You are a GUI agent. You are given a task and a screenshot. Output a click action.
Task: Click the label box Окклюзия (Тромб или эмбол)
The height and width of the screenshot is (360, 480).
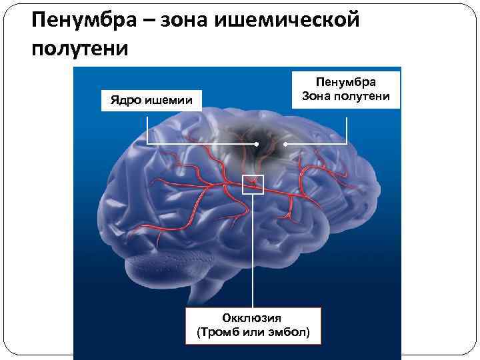coord(253,325)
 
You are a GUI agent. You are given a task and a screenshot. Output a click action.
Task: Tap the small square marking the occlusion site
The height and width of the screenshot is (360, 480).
coord(253,184)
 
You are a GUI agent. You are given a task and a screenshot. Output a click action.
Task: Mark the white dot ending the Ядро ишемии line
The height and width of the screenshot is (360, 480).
coord(257,144)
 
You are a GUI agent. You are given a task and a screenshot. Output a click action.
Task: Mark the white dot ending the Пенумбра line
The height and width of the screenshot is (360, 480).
coord(285,144)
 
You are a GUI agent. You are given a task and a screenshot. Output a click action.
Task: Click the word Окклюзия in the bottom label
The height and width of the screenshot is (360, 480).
coord(253,318)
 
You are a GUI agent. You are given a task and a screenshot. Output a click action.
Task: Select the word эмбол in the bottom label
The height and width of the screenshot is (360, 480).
coord(290,331)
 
